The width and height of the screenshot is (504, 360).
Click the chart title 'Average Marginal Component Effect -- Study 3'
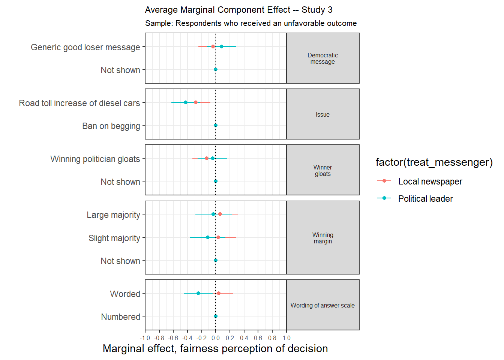tap(238, 10)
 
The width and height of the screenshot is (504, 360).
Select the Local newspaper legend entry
tap(430, 181)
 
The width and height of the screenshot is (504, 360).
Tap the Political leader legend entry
tap(425, 199)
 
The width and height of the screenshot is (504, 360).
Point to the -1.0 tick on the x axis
tap(145, 338)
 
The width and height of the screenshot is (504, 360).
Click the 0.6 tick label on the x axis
tap(258, 338)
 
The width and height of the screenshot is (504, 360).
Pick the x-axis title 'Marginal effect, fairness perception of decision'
tap(215, 349)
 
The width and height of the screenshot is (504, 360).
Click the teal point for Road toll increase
tap(186, 102)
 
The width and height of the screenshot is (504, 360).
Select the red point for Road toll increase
tap(196, 102)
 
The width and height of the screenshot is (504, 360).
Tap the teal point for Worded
tap(198, 293)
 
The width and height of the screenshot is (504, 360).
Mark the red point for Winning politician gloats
tap(207, 158)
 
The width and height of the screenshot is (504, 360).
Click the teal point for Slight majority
tap(208, 237)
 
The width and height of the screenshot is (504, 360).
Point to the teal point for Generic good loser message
tap(222, 46)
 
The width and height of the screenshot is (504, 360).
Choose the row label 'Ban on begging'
tap(111, 126)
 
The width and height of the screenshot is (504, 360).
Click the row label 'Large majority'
tap(113, 215)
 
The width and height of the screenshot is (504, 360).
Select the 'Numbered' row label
tap(120, 317)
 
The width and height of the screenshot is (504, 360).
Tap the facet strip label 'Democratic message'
tap(322, 58)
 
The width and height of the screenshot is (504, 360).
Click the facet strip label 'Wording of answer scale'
tap(322, 305)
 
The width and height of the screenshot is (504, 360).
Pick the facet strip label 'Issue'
tap(322, 114)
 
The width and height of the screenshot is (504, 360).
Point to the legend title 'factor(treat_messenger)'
tap(434, 162)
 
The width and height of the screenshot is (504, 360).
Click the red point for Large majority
tap(220, 214)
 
